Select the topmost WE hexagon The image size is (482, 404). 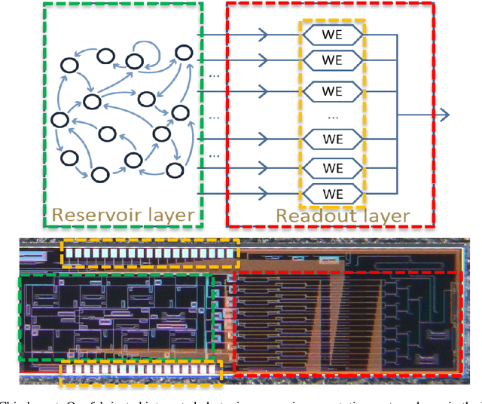click(x=332, y=35)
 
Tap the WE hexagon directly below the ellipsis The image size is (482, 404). click(x=332, y=139)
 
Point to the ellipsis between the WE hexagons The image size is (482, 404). click(x=332, y=116)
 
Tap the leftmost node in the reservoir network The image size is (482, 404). click(x=59, y=119)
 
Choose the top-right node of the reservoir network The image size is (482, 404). click(x=183, y=53)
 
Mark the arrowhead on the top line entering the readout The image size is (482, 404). click(x=263, y=35)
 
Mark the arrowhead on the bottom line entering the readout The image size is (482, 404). click(x=263, y=191)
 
